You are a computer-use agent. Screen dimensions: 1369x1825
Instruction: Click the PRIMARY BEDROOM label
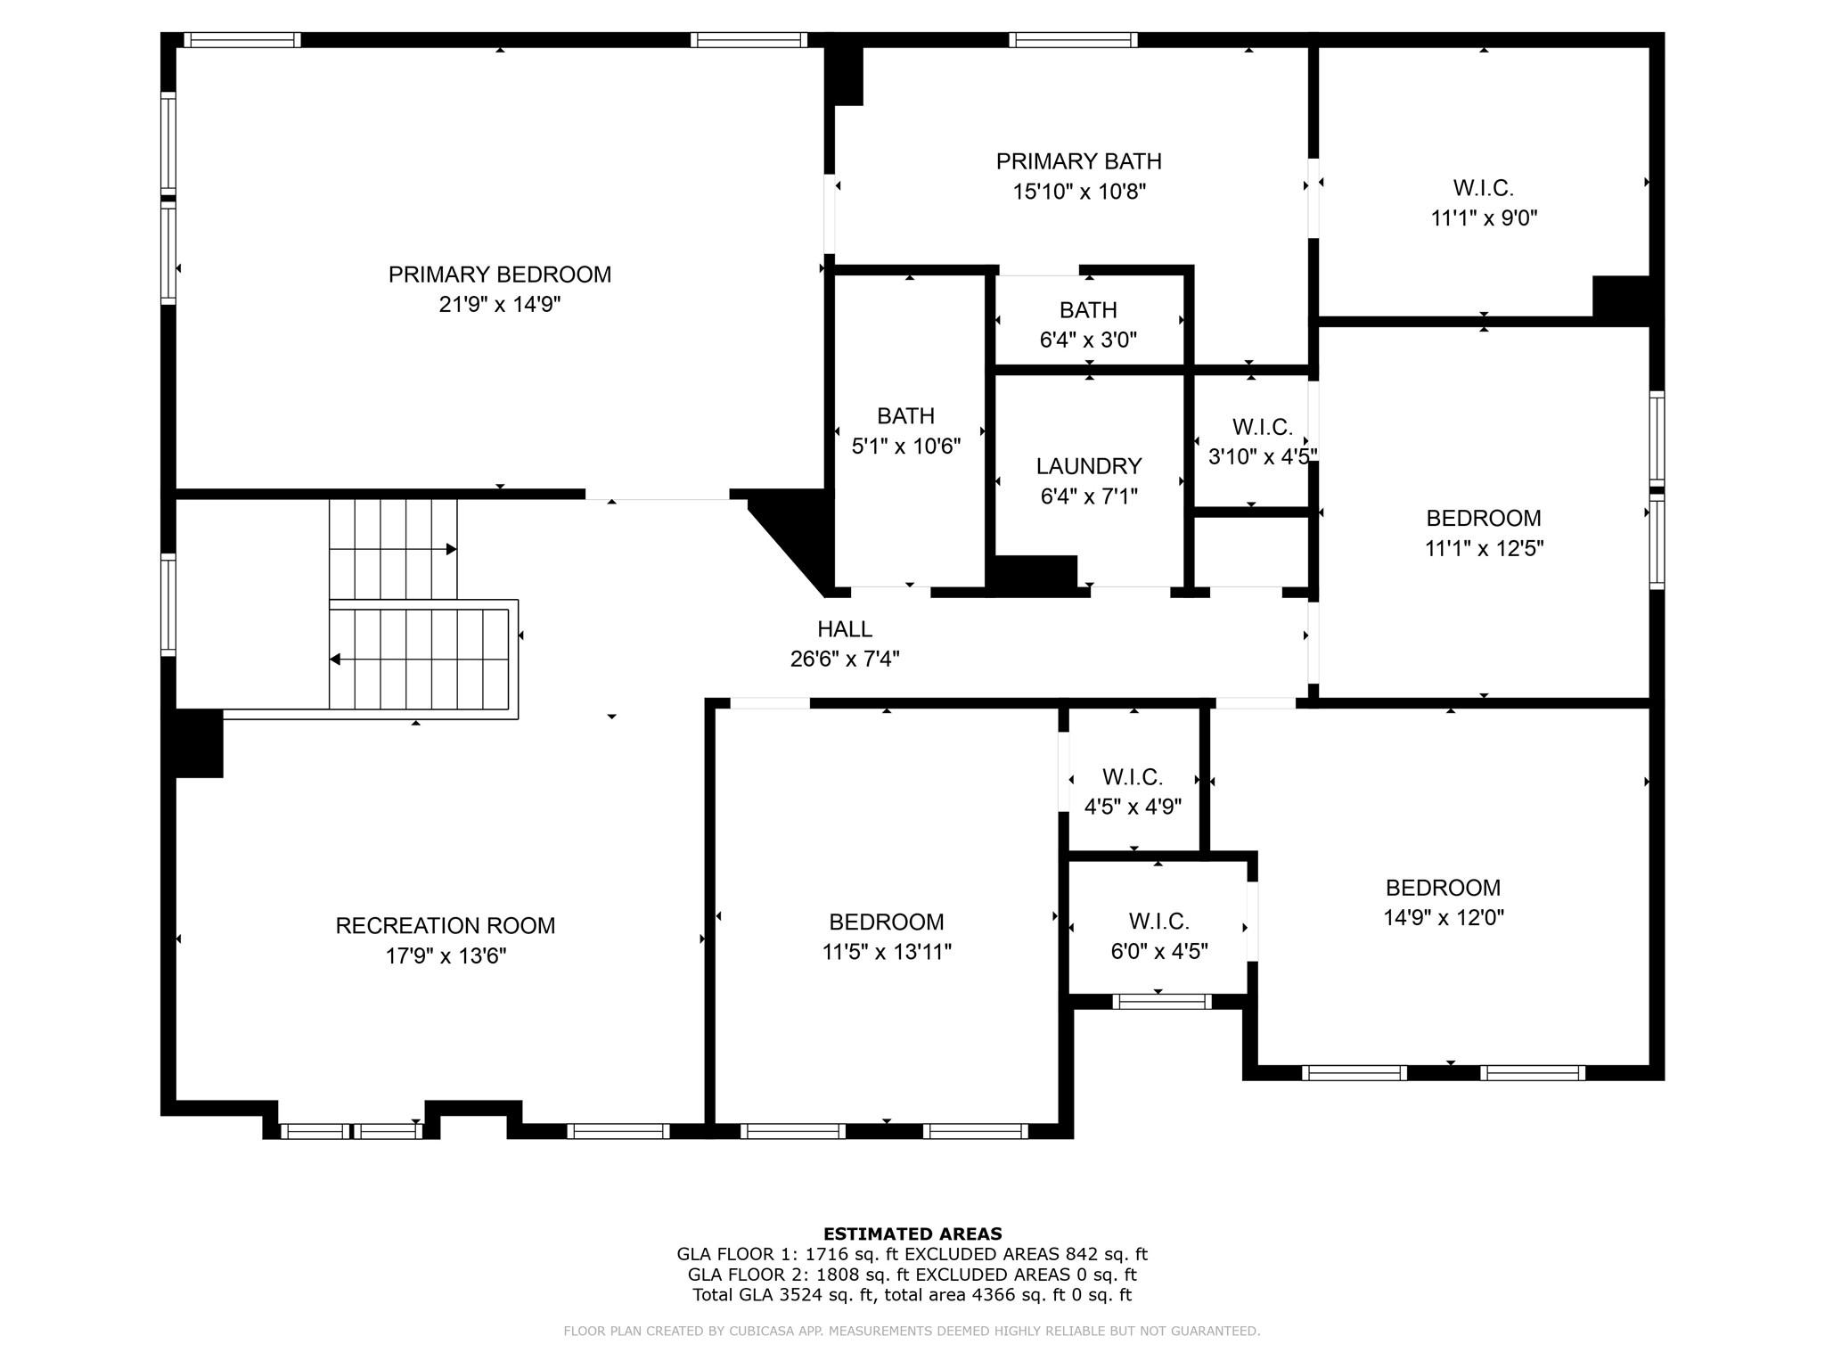pos(499,275)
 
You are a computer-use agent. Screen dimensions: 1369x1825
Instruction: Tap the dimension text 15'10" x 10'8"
pos(1078,192)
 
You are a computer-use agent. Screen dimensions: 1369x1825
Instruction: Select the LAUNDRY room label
pos(1088,466)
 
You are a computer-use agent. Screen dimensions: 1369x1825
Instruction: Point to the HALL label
pos(844,629)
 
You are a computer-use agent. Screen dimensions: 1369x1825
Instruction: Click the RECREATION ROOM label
pos(445,926)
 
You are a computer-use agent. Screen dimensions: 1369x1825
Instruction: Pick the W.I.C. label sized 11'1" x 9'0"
pos(1483,188)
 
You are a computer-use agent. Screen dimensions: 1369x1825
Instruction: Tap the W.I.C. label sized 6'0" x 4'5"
pos(1158,922)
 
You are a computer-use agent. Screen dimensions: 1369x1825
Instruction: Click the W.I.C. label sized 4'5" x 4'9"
pos(1132,777)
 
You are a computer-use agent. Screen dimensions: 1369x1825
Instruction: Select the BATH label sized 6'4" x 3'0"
pos(1088,310)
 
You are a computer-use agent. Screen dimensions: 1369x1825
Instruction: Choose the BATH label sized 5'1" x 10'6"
pos(905,416)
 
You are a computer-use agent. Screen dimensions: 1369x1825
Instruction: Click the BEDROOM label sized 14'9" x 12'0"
pos(1443,888)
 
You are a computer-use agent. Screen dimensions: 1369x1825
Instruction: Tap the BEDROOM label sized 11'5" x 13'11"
pos(886,922)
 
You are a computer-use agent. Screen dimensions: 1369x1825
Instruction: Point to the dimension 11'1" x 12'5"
pos(1484,548)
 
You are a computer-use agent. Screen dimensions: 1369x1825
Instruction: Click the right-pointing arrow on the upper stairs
pos(451,549)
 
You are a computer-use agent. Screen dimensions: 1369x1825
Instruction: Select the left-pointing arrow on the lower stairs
pos(336,660)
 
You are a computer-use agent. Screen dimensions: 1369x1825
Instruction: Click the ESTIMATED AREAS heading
pos(912,1234)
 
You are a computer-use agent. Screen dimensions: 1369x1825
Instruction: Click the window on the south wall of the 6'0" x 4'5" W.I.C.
pos(1161,1002)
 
